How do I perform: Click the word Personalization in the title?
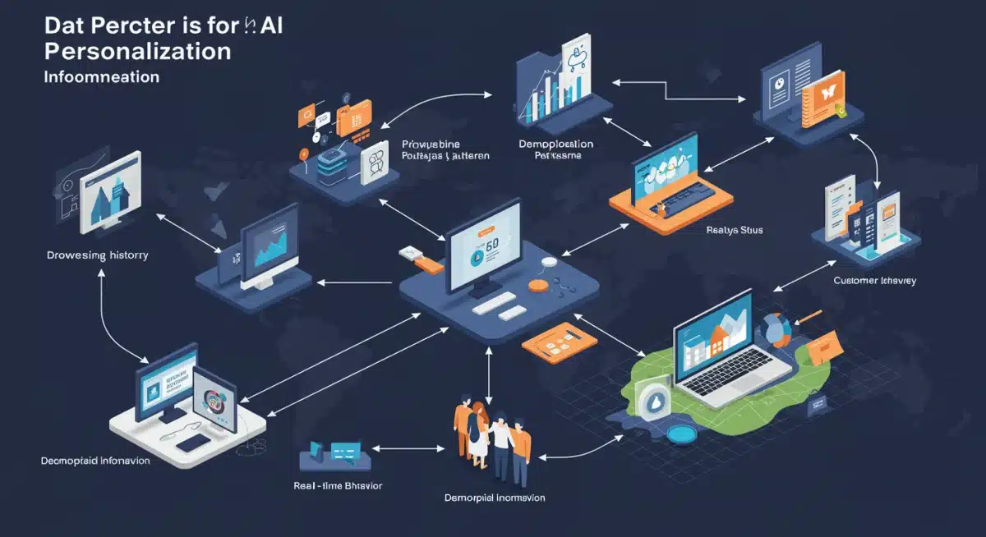pos(138,51)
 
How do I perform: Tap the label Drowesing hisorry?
pos(98,255)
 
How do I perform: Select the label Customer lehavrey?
pos(875,281)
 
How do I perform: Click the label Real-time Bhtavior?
pos(338,485)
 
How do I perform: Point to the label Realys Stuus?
pos(735,231)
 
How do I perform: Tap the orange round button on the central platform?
pos(538,285)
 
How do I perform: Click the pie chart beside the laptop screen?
pos(775,330)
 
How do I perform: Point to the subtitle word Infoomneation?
pos(102,78)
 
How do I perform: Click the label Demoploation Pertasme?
pos(555,149)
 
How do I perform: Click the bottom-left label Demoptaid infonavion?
pos(95,461)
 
